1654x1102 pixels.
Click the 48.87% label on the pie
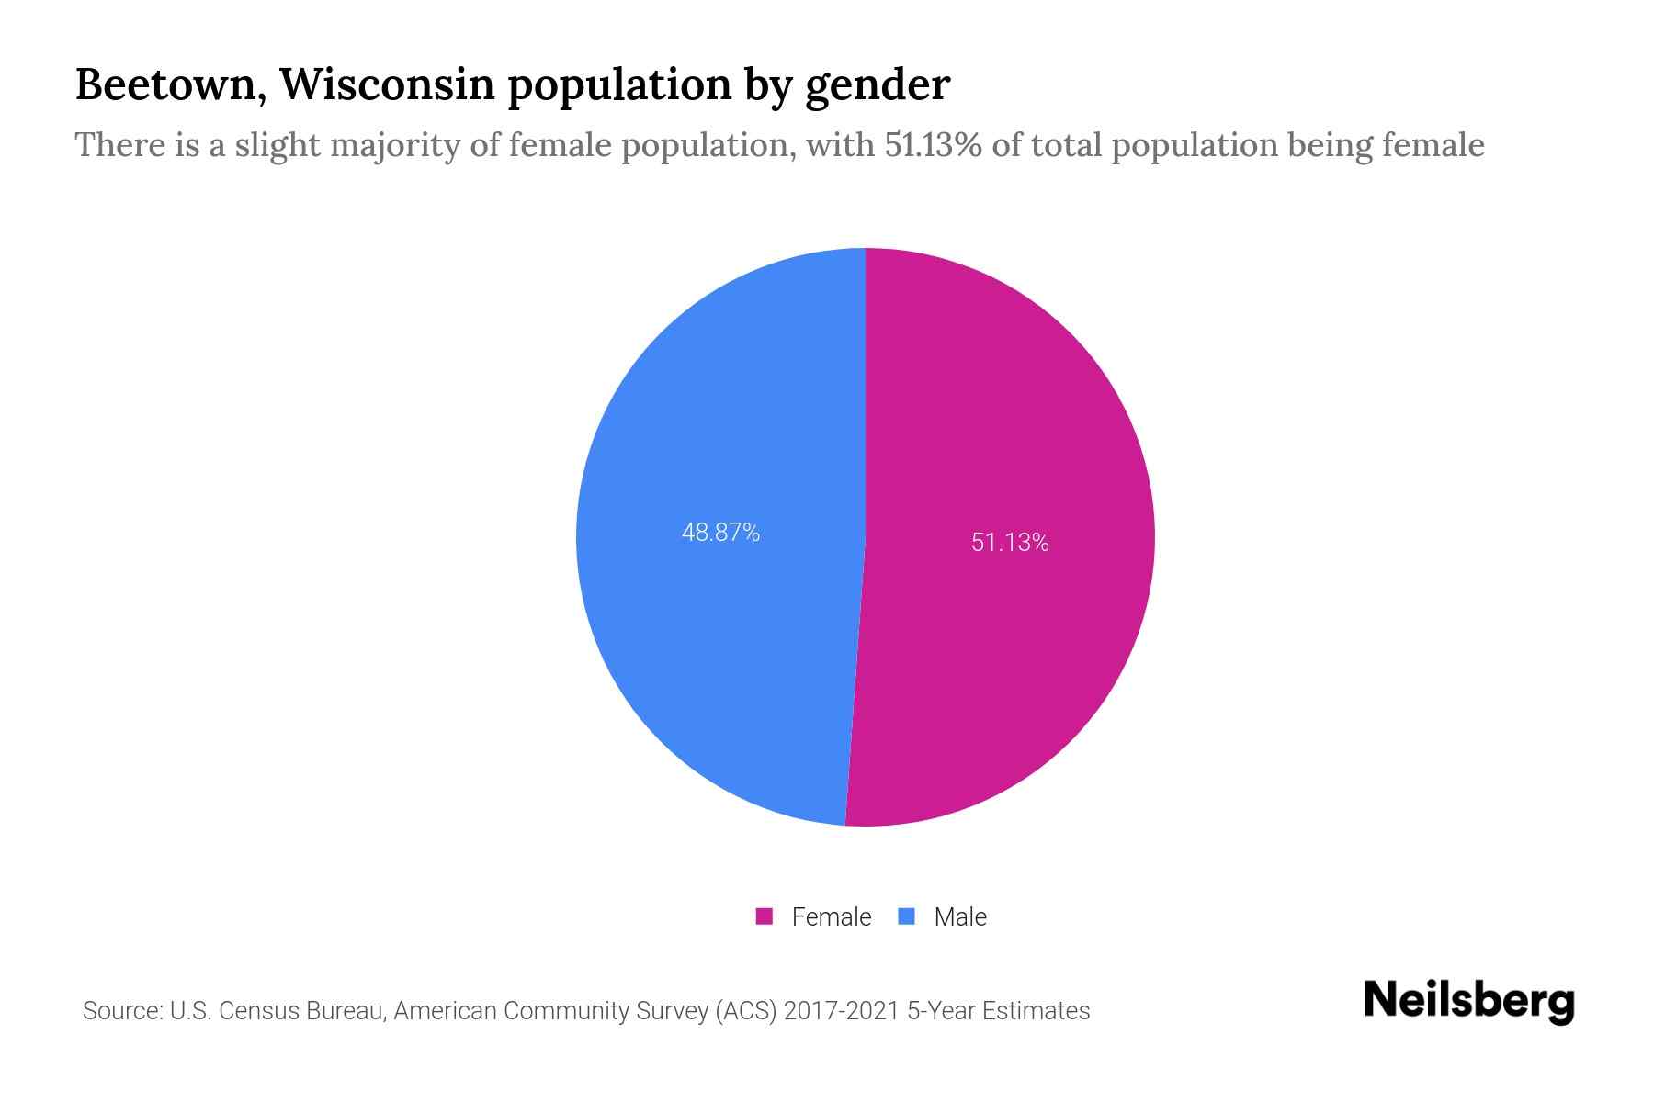point(720,533)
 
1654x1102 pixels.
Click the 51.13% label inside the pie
point(1010,543)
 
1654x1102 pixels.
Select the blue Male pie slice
point(698,643)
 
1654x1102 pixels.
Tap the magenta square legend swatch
point(764,916)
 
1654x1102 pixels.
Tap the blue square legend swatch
point(907,916)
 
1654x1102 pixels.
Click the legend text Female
point(831,916)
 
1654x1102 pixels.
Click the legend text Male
point(959,916)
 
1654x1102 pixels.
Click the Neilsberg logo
point(1468,1001)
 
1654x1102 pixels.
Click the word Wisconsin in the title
point(386,84)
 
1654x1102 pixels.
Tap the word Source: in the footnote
point(122,1011)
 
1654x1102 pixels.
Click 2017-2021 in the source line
point(841,1011)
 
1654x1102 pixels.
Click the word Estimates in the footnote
point(1036,1011)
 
